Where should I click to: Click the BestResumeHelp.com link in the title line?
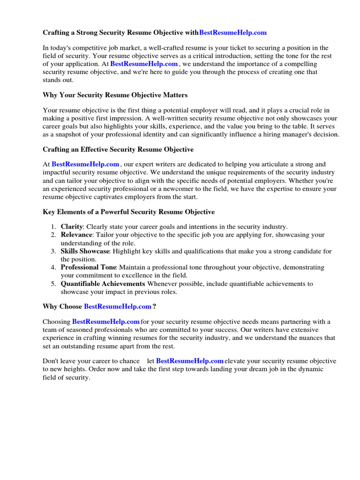coord(233,32)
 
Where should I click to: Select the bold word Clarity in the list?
coord(72,226)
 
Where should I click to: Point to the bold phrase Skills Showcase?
coord(85,251)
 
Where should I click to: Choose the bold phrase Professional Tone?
coord(88,267)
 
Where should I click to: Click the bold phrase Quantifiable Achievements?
coord(103,284)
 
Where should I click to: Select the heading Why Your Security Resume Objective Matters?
coord(115,95)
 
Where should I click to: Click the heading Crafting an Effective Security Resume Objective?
coord(118,149)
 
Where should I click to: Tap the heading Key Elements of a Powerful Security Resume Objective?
coord(129,212)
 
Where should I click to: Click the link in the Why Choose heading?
coord(117,307)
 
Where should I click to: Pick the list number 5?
coord(53,284)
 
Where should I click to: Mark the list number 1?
coord(53,226)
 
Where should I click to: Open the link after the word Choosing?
coord(106,322)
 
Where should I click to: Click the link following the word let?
coord(189,361)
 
